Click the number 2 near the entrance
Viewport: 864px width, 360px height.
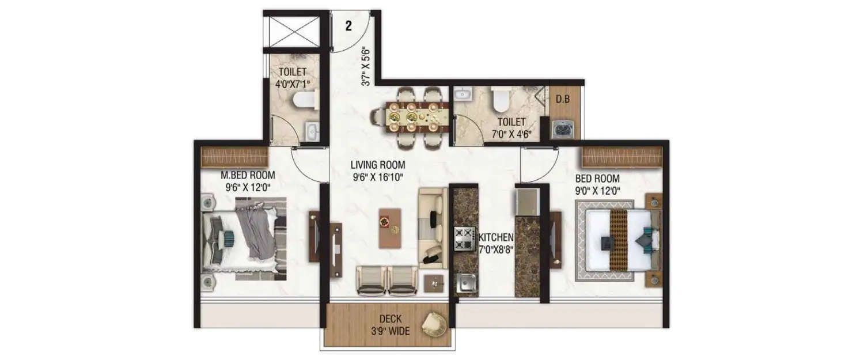(349, 25)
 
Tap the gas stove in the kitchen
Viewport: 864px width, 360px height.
(464, 238)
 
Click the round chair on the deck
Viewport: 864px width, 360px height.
(433, 325)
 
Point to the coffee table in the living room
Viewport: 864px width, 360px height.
(390, 228)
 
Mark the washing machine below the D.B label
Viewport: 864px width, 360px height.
(562, 129)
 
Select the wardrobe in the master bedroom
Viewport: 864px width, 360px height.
(235, 157)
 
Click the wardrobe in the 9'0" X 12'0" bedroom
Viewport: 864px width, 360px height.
(622, 157)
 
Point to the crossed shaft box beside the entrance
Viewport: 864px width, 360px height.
(292, 31)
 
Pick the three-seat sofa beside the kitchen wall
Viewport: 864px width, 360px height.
(433, 228)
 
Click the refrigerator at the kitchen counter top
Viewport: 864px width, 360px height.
(527, 200)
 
